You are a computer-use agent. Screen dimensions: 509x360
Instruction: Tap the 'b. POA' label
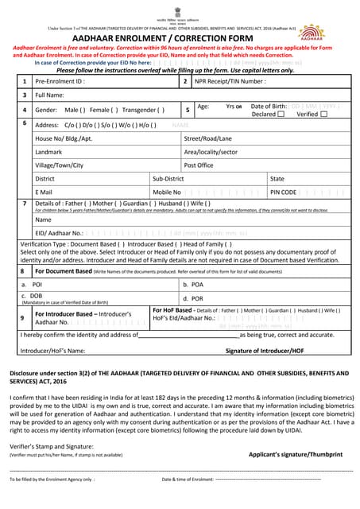(x=193, y=284)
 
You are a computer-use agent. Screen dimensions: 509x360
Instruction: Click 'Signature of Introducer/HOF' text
(x=264, y=350)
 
